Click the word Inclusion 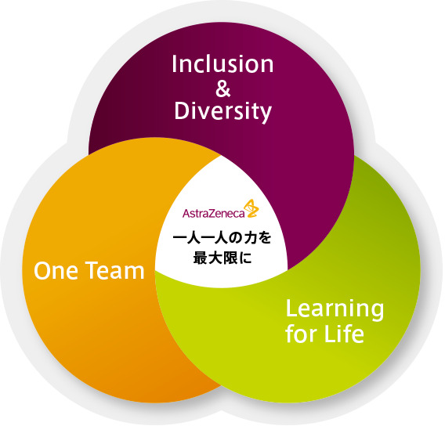[x=222, y=63]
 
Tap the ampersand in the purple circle [x=223, y=88]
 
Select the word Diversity [x=223, y=111]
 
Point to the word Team [x=115, y=271]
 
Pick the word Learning [x=335, y=310]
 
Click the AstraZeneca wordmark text [x=213, y=213]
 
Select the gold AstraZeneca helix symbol [x=251, y=208]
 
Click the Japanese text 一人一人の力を [x=222, y=238]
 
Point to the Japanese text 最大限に [x=222, y=258]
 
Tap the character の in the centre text [x=233, y=239]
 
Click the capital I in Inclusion [x=174, y=63]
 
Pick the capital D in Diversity [x=182, y=110]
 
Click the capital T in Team [x=92, y=271]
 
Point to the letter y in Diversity [x=266, y=114]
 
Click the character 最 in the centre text [x=200, y=258]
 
